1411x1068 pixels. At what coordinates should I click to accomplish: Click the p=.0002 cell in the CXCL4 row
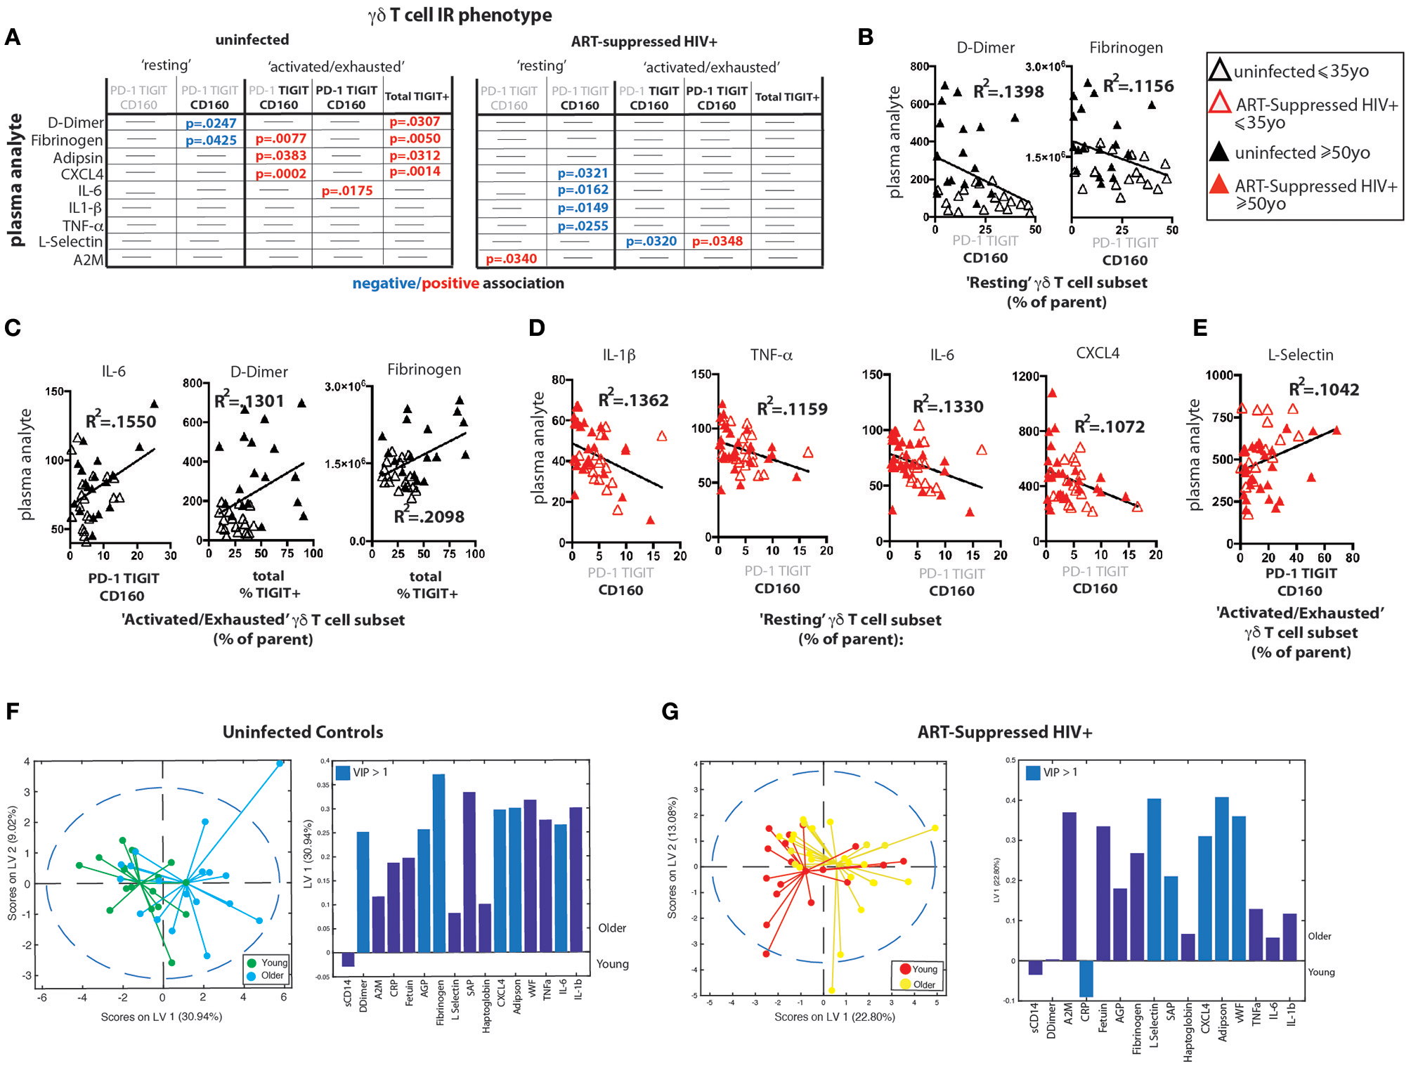point(280,174)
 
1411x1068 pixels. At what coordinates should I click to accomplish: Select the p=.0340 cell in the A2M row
point(511,259)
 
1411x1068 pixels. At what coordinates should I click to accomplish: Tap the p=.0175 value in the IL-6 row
point(347,190)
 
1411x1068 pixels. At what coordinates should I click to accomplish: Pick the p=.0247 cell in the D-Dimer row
point(211,123)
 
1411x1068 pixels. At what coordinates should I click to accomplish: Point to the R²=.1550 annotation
point(121,421)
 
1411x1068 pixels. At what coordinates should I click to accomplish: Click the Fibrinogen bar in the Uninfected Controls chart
point(439,863)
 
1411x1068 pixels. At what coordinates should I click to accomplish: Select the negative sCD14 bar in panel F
point(348,959)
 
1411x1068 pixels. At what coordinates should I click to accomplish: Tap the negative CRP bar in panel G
point(1086,978)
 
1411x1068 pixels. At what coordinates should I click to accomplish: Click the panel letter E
point(1200,328)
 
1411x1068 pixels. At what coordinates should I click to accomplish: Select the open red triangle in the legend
point(1220,103)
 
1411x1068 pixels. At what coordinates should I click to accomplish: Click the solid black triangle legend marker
point(1220,151)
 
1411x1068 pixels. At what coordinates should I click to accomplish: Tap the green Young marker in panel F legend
point(252,963)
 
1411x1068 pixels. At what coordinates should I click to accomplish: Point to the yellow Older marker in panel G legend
point(905,984)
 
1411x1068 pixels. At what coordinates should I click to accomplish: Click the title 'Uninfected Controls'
point(303,732)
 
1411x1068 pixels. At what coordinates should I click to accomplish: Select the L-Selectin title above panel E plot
point(1300,355)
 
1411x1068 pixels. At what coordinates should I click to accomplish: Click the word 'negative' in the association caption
point(384,283)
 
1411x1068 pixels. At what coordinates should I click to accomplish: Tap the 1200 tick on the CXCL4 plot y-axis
point(1025,377)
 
